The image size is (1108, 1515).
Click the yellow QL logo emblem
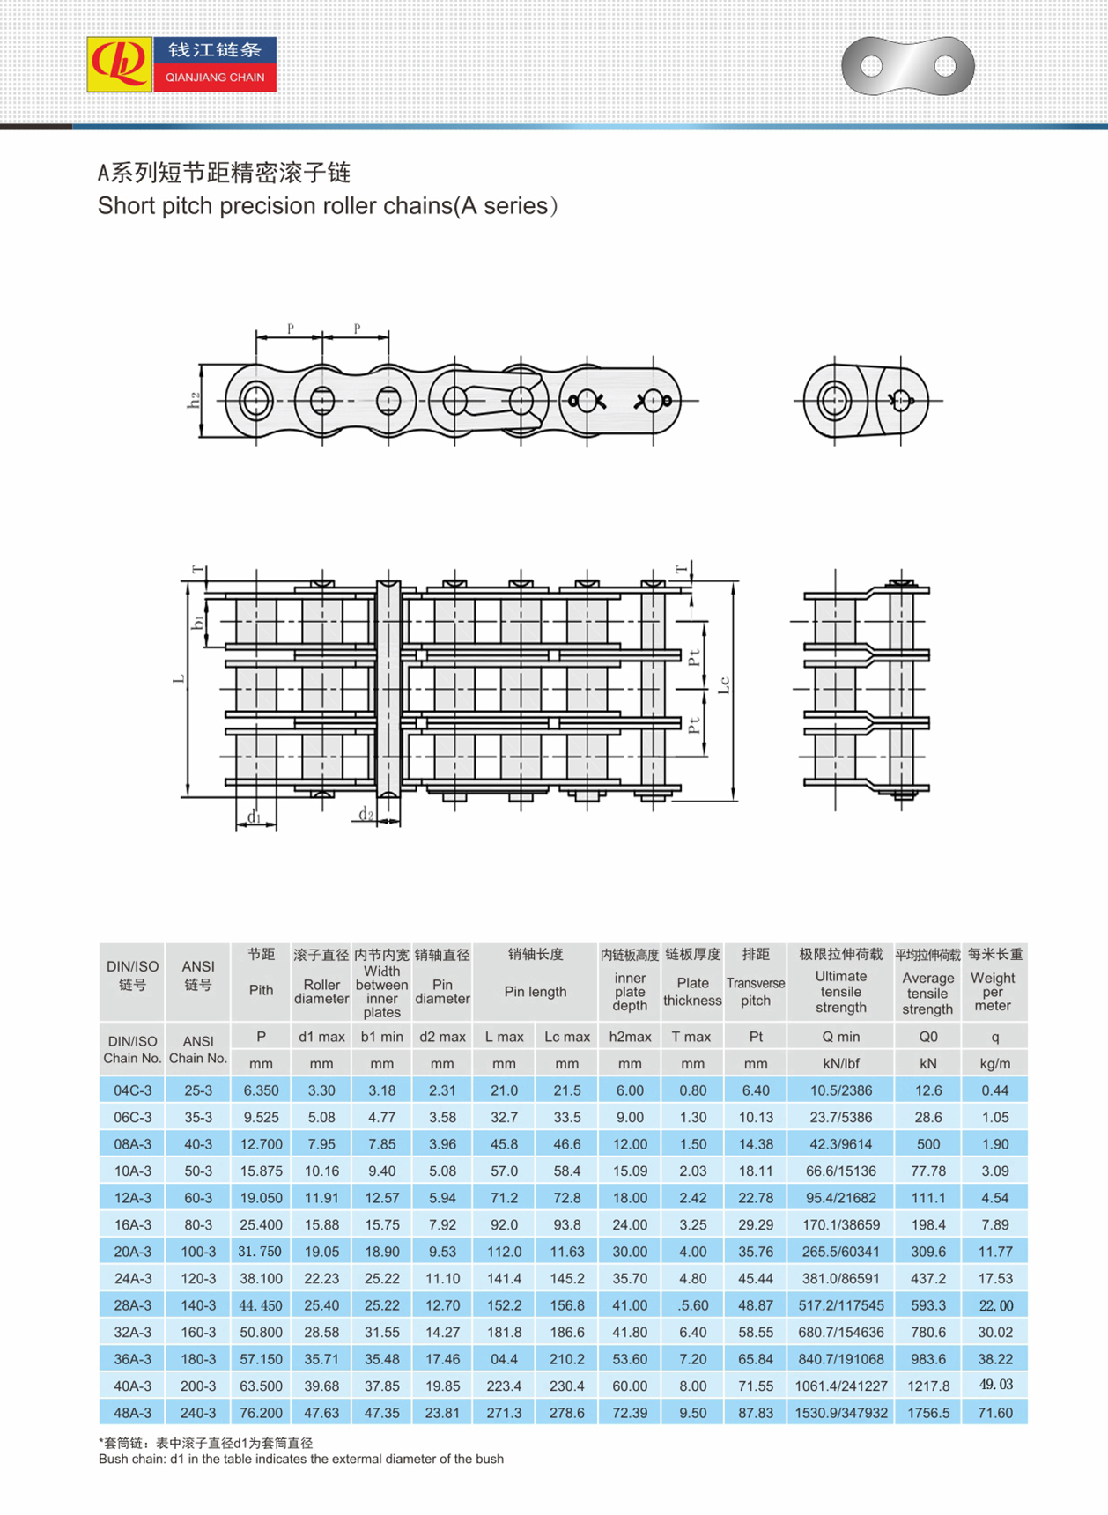120,64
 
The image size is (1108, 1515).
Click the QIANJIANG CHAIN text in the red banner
215,78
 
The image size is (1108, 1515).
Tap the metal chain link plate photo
908,66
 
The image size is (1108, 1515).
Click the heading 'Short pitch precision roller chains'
327,206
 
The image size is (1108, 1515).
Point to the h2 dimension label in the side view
194,399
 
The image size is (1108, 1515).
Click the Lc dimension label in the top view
724,684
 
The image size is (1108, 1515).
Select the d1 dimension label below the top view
254,817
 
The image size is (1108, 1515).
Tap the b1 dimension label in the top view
198,622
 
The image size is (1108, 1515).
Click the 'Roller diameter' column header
321,991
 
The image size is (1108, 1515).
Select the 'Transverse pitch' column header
756,991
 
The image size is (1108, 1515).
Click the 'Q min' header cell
840,1037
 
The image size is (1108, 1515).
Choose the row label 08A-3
132,1144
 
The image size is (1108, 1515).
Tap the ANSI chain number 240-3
198,1413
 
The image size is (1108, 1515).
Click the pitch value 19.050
261,1198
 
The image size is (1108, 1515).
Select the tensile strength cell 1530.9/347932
840,1413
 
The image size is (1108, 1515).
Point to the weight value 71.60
994,1413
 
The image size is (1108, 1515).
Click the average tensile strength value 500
928,1144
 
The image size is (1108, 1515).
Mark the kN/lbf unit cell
840,1064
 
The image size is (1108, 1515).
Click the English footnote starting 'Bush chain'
301,1459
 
